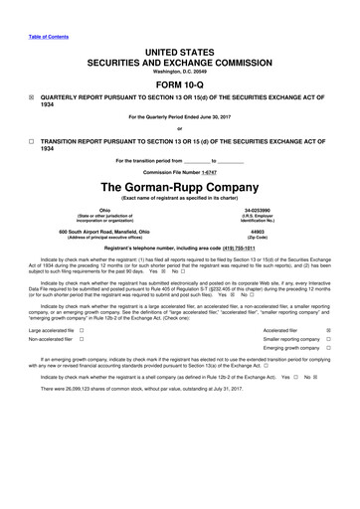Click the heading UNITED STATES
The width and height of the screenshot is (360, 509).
point(179,52)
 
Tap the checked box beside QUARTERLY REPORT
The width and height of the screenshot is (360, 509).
point(31,98)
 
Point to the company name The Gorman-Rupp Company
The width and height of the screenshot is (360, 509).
point(179,188)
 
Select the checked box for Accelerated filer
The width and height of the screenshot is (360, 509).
point(328,329)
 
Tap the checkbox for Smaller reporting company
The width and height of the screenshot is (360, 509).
point(328,339)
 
